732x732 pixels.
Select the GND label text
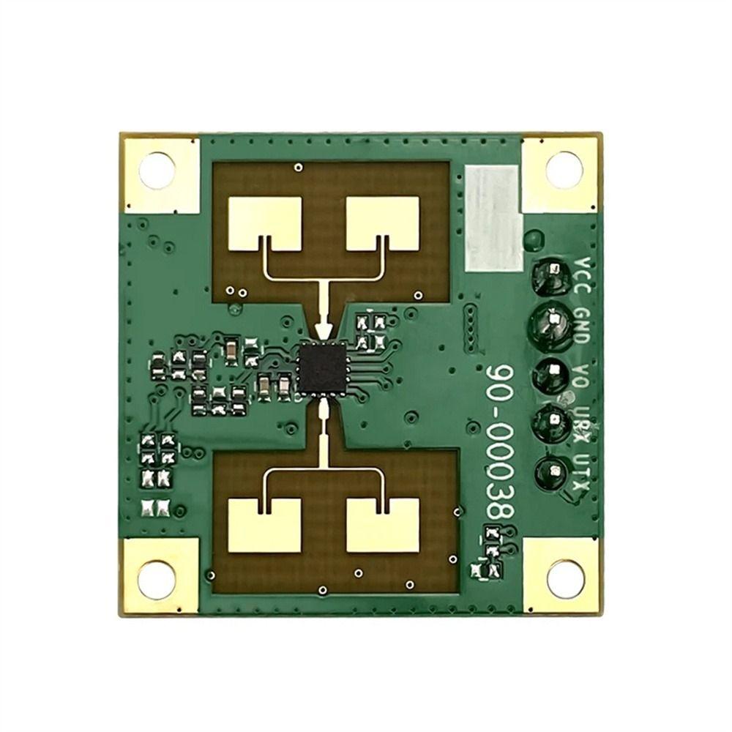click(x=583, y=326)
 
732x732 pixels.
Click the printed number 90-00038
click(x=499, y=441)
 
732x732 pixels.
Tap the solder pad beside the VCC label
click(x=551, y=277)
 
